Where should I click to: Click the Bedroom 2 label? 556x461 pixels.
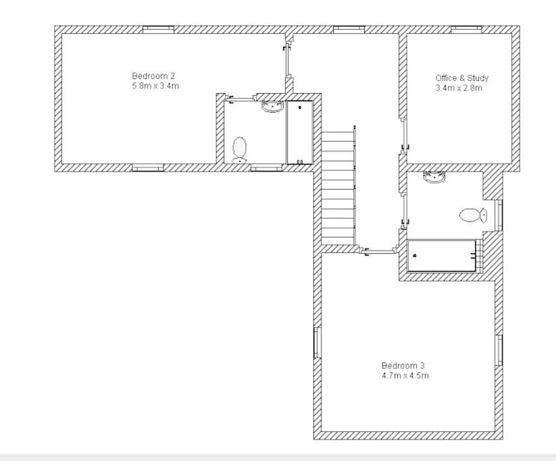coord(153,76)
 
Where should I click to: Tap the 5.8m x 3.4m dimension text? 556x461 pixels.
coord(155,86)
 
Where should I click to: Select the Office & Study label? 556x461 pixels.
coord(461,78)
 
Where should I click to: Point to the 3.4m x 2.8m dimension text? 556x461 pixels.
coord(459,88)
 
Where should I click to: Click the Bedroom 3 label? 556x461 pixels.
coord(403,365)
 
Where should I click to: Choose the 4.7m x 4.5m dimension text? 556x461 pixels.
coord(405,375)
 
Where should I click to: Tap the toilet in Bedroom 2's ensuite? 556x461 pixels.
coord(240,150)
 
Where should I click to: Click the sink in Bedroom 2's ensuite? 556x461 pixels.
coord(272,106)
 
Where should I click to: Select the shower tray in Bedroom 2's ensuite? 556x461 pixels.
coord(300,132)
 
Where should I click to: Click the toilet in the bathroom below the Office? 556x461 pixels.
coord(473,215)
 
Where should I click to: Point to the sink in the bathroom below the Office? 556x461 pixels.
coord(434,177)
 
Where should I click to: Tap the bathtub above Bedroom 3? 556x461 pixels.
coord(442,256)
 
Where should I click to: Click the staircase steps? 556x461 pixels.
coord(338,188)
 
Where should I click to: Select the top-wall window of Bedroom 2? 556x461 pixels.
coord(159,30)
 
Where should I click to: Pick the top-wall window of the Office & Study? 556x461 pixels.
coord(466,30)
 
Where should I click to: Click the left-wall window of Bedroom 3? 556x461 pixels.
coord(318,342)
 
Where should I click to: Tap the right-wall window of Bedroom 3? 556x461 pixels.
coord(499,350)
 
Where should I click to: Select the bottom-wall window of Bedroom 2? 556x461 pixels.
coord(148,167)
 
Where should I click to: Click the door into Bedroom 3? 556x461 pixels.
coord(379,252)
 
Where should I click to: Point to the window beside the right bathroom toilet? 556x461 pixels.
coord(499,215)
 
